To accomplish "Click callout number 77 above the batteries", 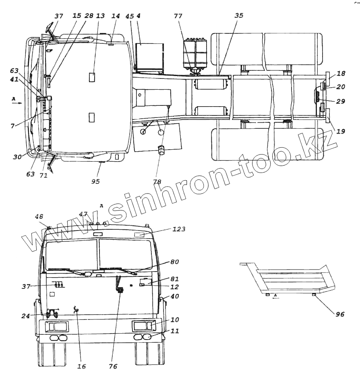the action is coord(178,16).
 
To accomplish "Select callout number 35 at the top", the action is coord(239,15).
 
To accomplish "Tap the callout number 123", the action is coord(179,229).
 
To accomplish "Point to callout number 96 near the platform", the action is coord(340,314).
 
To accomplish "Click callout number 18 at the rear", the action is coord(341,73).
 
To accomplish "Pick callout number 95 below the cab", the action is coord(95,181).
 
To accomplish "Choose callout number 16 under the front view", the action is coord(82,366).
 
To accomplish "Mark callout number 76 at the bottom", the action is coord(113,366).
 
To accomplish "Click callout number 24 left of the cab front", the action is coord(25,316).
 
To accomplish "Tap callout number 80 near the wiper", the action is coord(175,262).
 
